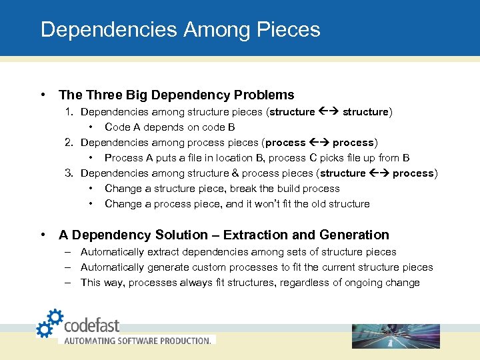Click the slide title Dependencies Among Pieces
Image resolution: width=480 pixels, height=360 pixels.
180,30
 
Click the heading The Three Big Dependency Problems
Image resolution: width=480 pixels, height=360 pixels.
176,95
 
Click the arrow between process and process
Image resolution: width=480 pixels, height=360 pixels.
319,143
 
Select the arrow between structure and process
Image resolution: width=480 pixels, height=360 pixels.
379,173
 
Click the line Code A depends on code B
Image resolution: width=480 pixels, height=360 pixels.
169,127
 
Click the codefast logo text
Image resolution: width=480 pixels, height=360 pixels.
91,325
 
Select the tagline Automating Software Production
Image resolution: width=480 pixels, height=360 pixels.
137,340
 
